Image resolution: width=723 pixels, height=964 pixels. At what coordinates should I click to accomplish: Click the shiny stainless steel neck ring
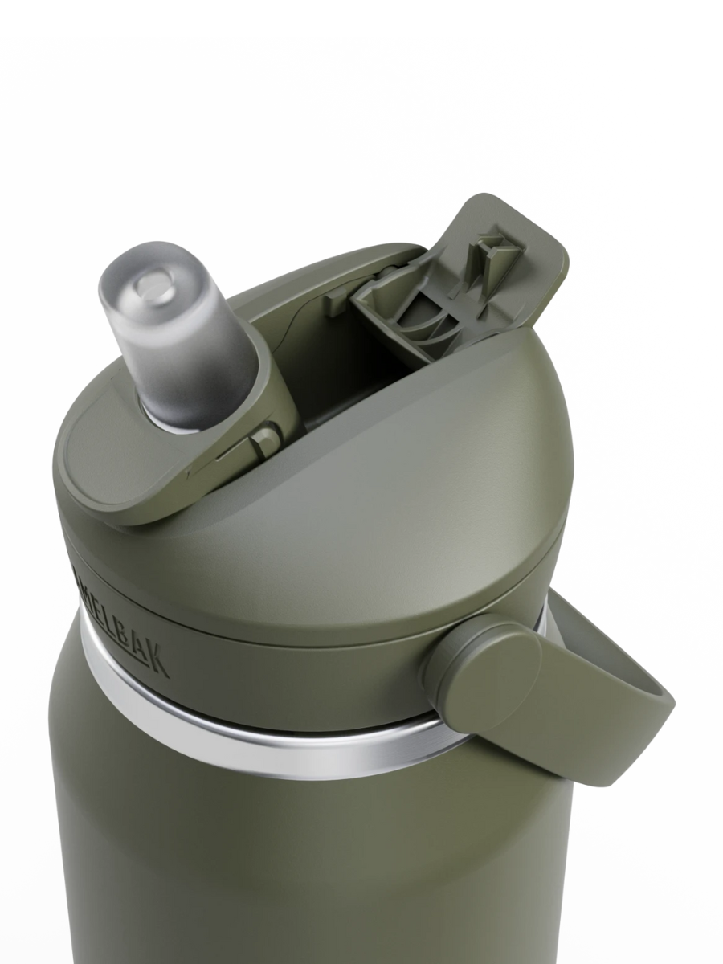click(x=265, y=735)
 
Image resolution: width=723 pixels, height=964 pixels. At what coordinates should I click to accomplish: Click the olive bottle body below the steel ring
click(x=305, y=868)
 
